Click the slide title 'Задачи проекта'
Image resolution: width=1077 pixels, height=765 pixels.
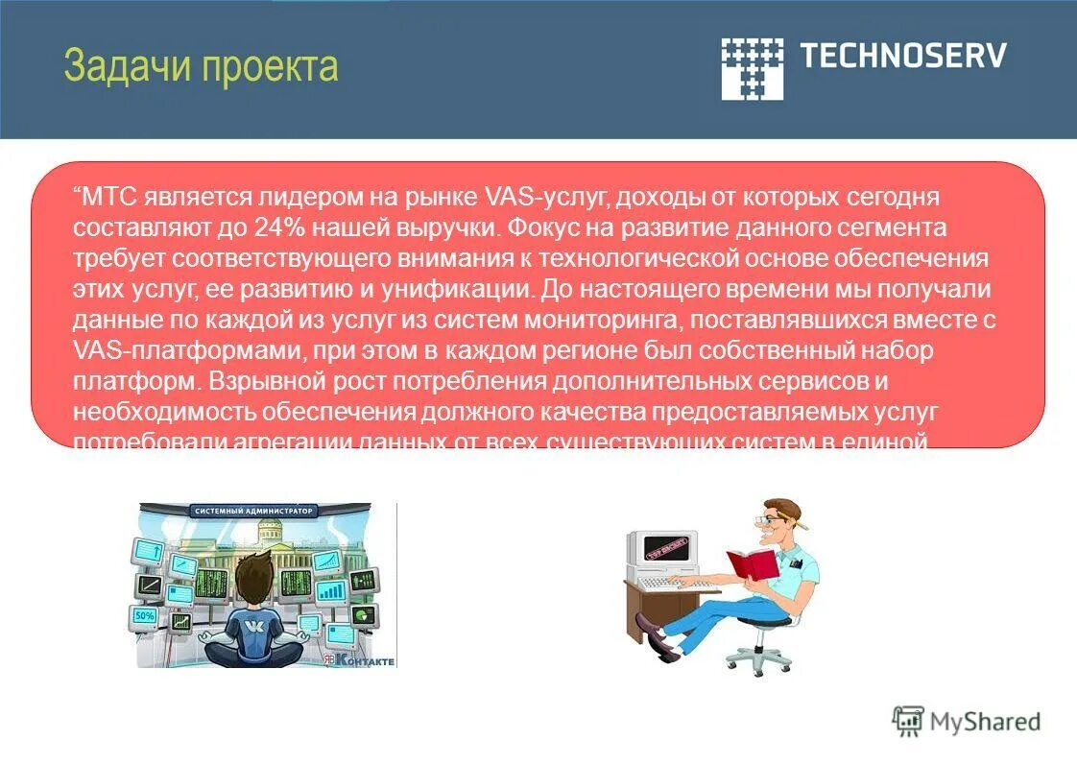pos(201,66)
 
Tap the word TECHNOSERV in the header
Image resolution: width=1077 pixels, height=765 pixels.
pos(903,55)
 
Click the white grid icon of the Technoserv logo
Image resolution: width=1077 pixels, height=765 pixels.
pos(752,68)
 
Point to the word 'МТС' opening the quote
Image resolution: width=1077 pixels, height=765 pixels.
pos(110,197)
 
